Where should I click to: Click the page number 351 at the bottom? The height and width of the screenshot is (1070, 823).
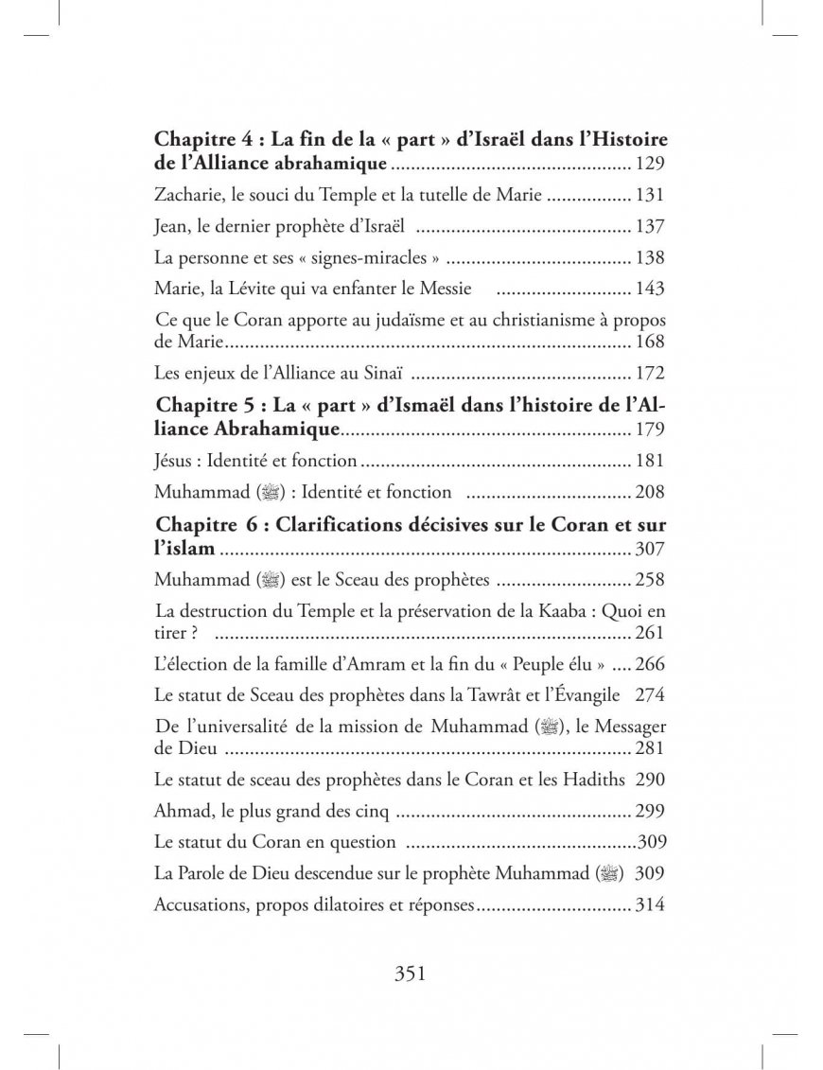pos(411,974)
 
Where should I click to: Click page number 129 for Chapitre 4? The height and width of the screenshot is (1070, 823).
pos(651,165)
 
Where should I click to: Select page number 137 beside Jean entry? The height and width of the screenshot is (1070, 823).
pos(651,227)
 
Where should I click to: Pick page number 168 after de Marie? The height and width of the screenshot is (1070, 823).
pos(651,342)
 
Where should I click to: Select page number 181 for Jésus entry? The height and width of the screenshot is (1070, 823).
pos(651,461)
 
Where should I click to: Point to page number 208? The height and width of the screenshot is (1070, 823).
pos(651,492)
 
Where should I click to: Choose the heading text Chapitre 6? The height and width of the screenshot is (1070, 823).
pos(213,524)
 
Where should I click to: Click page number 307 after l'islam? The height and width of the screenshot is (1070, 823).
pos(651,549)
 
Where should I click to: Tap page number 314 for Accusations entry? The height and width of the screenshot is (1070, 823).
pos(651,904)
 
